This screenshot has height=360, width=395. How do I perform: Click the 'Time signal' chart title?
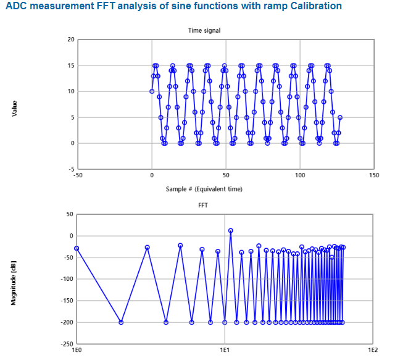(204, 30)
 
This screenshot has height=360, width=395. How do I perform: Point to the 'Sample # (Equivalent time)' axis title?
(204, 188)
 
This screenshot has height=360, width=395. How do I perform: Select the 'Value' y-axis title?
(13, 109)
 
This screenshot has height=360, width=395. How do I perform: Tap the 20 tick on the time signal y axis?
(71, 40)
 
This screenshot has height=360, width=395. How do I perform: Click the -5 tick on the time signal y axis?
(72, 169)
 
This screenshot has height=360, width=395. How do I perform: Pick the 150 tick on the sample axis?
(373, 175)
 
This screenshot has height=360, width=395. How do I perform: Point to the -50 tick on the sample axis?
(78, 175)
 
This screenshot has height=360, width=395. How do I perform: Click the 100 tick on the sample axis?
(300, 175)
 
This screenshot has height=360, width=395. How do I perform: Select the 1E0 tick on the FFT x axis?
(77, 350)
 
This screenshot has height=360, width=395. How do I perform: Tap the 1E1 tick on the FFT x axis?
(225, 350)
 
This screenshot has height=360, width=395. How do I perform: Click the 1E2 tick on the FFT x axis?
(373, 350)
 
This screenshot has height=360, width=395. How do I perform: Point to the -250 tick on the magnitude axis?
(67, 344)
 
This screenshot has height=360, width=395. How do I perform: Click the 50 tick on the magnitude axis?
(70, 214)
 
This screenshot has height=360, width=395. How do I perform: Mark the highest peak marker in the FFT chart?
(231, 231)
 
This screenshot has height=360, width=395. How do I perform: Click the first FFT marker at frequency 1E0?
(77, 248)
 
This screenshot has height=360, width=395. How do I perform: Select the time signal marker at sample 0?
(152, 91)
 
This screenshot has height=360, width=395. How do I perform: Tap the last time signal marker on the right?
(340, 117)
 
